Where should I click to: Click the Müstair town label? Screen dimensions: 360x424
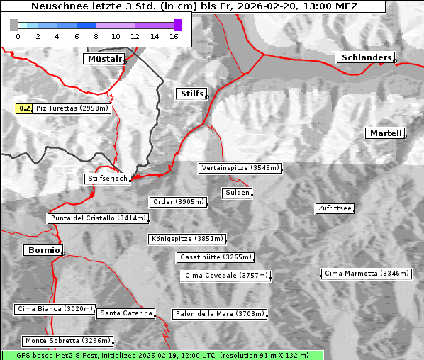104,59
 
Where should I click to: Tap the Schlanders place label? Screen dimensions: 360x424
365,58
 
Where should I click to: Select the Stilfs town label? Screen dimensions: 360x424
191,94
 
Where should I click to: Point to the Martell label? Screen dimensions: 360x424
385,133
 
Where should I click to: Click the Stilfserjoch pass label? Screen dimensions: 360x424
107,179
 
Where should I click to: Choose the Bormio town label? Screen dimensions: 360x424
43,250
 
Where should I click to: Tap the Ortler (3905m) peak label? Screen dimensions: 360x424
178,202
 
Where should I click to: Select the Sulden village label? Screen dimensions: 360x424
236,193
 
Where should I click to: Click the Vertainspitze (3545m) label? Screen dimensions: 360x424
240,168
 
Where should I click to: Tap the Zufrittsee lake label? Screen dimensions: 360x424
335,208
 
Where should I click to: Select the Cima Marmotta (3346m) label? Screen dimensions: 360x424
367,273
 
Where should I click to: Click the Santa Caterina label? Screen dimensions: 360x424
126,313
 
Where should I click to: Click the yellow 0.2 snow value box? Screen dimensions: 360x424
24,108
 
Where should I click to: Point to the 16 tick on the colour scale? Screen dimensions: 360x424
174,36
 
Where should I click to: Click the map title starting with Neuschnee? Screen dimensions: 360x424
194,6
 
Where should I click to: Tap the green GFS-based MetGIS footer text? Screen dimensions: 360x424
162,355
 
